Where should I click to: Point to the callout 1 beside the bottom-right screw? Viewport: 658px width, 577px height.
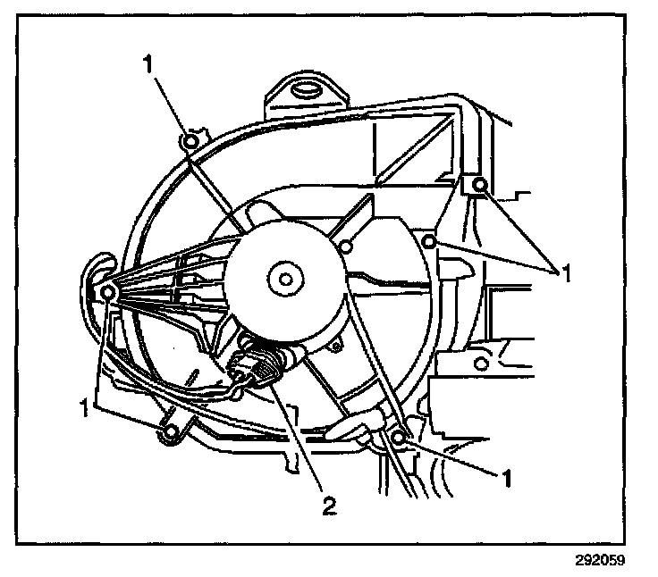point(506,479)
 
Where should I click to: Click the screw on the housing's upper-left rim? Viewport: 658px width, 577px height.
point(190,140)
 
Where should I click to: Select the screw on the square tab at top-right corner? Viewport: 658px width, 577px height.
point(480,186)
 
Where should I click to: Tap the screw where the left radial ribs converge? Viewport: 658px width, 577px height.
point(106,292)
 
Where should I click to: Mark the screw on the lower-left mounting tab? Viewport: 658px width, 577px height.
point(166,435)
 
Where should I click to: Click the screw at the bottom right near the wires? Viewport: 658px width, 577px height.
point(398,437)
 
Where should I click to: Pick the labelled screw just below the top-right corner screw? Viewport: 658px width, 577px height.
point(430,241)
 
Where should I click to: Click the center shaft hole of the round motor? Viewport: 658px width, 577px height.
point(285,280)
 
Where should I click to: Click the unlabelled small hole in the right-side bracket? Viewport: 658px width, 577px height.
point(481,364)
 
